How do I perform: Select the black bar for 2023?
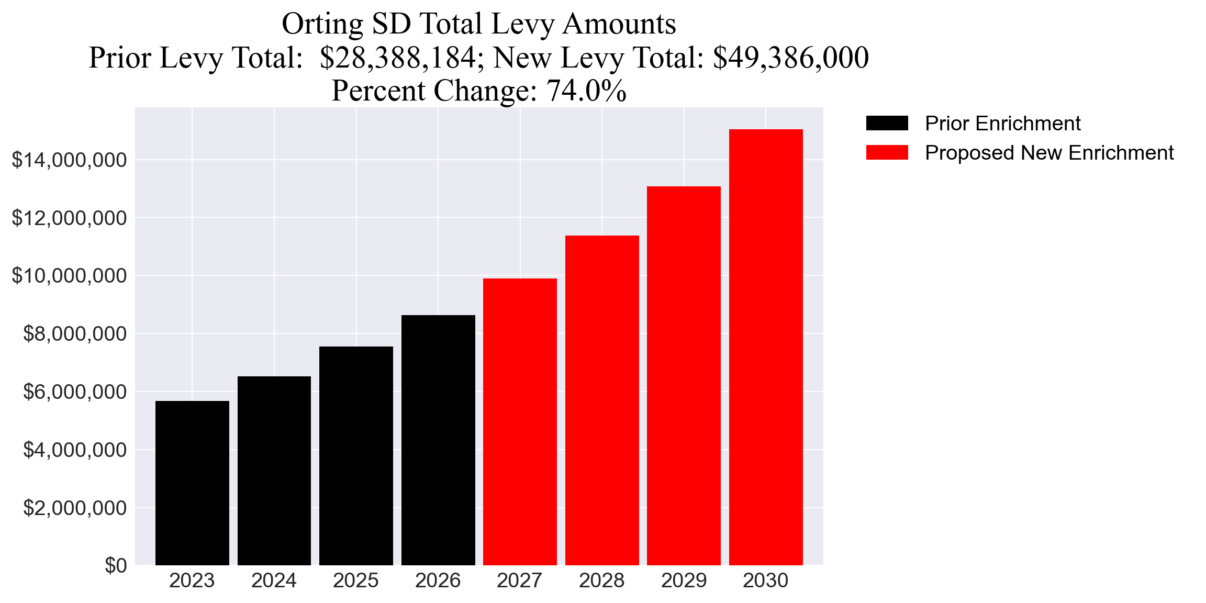click(192, 483)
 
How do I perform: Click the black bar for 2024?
click(274, 471)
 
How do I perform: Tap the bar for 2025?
click(356, 455)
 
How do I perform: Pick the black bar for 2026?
click(438, 440)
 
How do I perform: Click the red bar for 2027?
click(520, 421)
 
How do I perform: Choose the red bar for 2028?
click(602, 400)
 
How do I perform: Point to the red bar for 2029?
click(684, 375)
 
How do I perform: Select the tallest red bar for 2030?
click(766, 347)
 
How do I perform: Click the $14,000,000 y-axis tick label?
click(69, 160)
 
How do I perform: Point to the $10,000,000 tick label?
click(69, 276)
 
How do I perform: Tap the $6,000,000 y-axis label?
click(75, 392)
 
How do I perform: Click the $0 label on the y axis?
click(116, 566)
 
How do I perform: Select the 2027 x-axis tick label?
click(520, 581)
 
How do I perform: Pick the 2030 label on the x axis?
click(766, 581)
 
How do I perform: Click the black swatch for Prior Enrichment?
click(887, 124)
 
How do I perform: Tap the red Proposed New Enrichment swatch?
click(887, 153)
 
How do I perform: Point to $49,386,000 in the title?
click(790, 58)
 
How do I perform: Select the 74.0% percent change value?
click(586, 91)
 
